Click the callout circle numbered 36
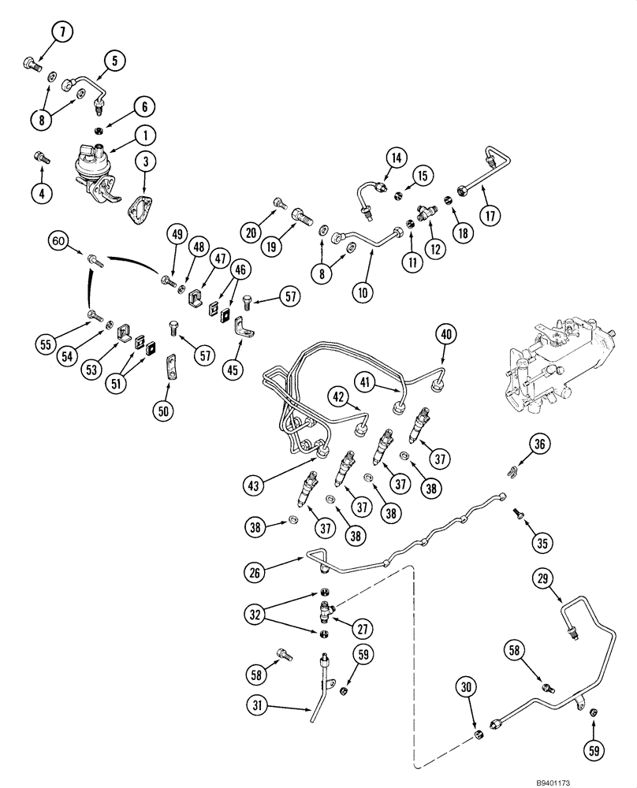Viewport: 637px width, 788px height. click(538, 445)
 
